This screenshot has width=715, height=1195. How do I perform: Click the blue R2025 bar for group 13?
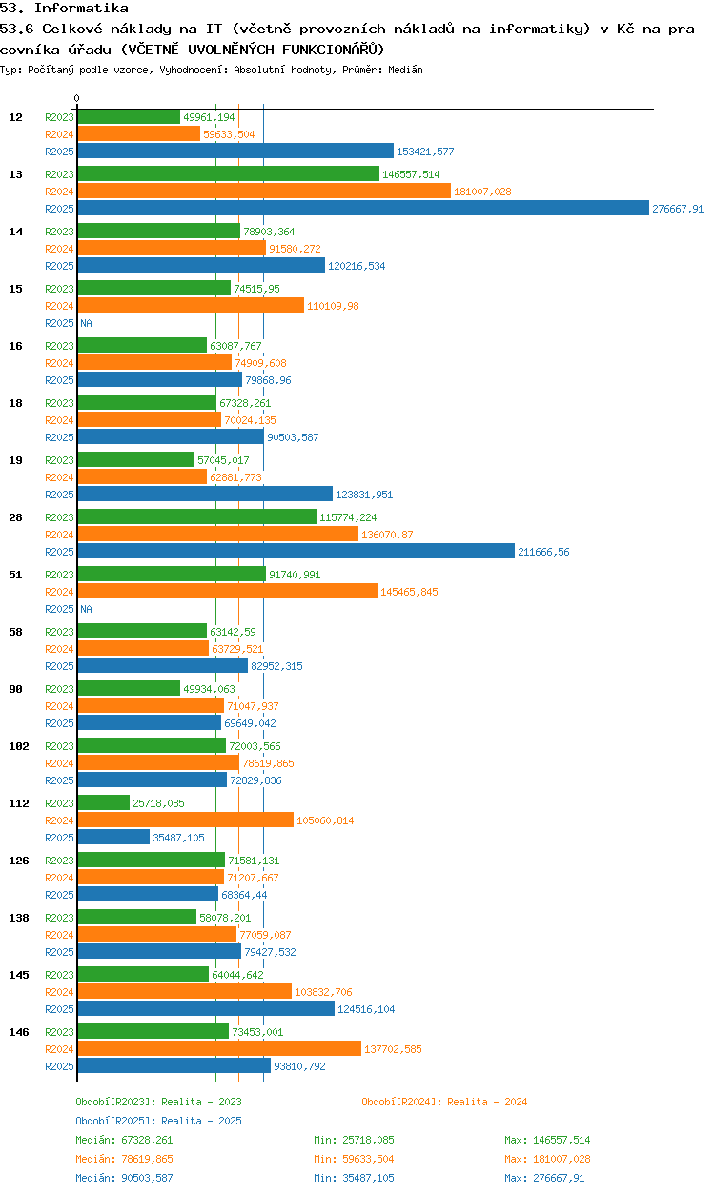363,208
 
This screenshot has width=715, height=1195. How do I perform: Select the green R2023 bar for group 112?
104,802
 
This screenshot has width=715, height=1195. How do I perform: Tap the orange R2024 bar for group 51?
227,591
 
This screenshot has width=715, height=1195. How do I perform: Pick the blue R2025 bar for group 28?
296,551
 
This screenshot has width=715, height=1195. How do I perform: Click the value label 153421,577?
425,152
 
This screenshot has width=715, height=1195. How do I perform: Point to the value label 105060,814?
325,820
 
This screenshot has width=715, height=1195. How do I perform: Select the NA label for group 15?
86,323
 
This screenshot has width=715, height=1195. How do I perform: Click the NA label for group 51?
86,609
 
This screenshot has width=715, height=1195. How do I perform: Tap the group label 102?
19,746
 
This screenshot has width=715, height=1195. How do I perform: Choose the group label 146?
19,1032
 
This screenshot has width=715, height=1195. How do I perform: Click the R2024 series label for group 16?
59,363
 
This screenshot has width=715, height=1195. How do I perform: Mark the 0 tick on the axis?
77,98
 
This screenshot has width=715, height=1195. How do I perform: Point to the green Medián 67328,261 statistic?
124,1140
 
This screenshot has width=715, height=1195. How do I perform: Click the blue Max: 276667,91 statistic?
544,1178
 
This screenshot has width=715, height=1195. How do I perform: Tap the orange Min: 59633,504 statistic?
354,1159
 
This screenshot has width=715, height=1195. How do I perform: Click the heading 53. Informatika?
64,8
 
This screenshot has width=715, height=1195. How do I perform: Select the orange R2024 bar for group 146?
219,1048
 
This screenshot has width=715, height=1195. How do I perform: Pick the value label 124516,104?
366,1009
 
